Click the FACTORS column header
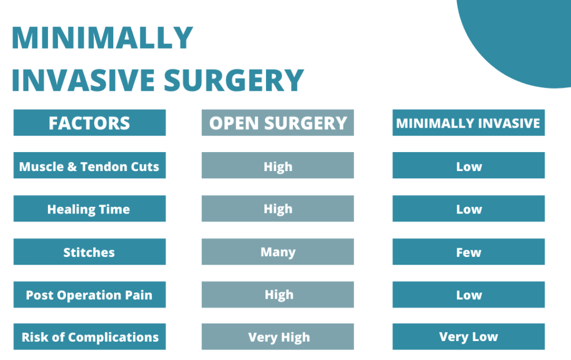pyautogui.click(x=90, y=123)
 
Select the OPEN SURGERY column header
pyautogui.click(x=278, y=123)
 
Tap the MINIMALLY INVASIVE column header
pyautogui.click(x=468, y=123)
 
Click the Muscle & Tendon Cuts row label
pyautogui.click(x=90, y=166)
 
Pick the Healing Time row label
pyautogui.click(x=90, y=208)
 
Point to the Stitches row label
pyautogui.click(x=90, y=251)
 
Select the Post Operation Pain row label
pyautogui.click(x=90, y=294)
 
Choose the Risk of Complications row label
pyautogui.click(x=90, y=337)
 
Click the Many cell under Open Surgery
pyautogui.click(x=278, y=251)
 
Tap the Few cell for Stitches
pyautogui.click(x=468, y=251)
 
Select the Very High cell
pyautogui.click(x=278, y=337)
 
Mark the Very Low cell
pyautogui.click(x=468, y=337)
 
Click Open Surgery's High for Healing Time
pyautogui.click(x=278, y=208)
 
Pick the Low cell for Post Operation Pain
pyautogui.click(x=468, y=294)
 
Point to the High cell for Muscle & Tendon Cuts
pyautogui.click(x=278, y=166)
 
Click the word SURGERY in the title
pyautogui.click(x=234, y=80)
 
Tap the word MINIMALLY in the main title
pyautogui.click(x=103, y=37)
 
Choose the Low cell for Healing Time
pyautogui.click(x=468, y=208)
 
